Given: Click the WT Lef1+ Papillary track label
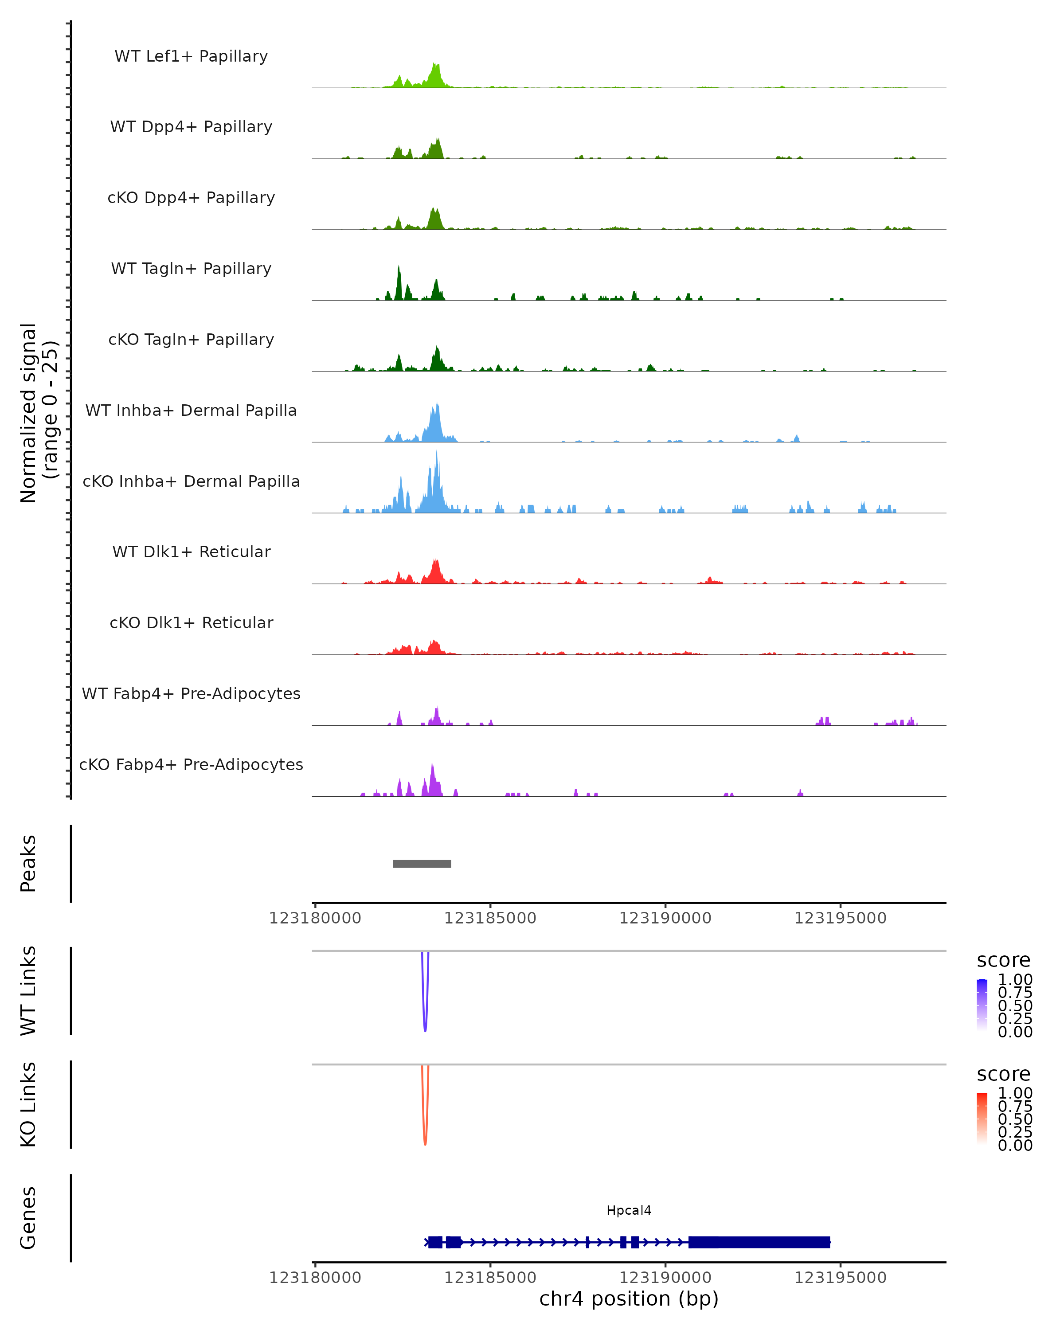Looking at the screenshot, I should coord(191,56).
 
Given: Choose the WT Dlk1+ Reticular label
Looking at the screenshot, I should coord(191,552).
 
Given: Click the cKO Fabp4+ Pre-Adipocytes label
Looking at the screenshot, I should coord(191,764).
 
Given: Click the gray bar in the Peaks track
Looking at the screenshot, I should coord(422,864).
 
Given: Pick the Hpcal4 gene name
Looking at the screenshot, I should coord(629,1210).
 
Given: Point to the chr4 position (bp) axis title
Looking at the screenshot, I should coord(629,1299).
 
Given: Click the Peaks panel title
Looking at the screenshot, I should coord(28,863).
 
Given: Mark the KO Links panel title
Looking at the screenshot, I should coord(28,1104).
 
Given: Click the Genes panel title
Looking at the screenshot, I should coord(28,1218).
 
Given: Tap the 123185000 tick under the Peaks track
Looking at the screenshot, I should coord(490,918).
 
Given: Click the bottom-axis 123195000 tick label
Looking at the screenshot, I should coord(840,1278).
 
